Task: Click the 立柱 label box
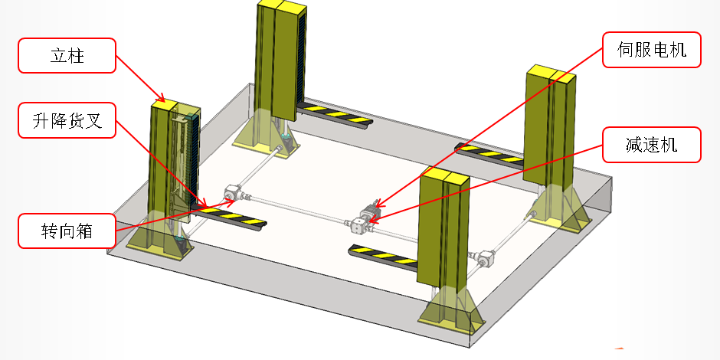pyautogui.click(x=67, y=56)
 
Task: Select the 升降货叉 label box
pyautogui.click(x=67, y=120)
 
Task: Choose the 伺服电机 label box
pyautogui.click(x=652, y=50)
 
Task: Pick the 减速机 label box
pyautogui.click(x=652, y=145)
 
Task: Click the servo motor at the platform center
pyautogui.click(x=371, y=210)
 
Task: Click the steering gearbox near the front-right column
pyautogui.click(x=484, y=257)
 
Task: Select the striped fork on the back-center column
pyautogui.click(x=334, y=114)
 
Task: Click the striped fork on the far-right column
pyautogui.click(x=489, y=154)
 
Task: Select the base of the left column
pyautogui.click(x=160, y=244)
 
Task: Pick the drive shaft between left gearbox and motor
pyautogui.click(x=299, y=209)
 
